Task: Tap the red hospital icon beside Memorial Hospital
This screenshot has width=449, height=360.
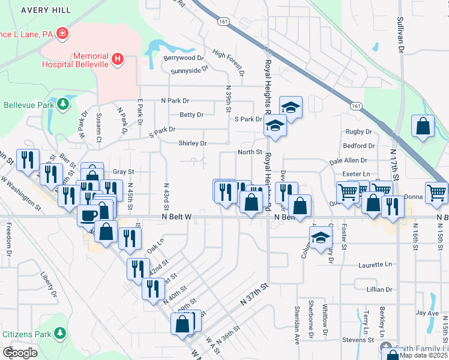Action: click(118, 59)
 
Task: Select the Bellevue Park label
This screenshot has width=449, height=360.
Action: click(28, 105)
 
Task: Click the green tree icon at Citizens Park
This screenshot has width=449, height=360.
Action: click(59, 333)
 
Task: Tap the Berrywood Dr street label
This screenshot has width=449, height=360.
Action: click(184, 58)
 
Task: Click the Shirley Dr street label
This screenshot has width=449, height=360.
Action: click(192, 143)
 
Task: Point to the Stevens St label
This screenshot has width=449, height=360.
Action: click(358, 340)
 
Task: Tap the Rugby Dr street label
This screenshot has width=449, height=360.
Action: click(359, 131)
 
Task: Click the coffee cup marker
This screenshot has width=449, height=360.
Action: click(88, 215)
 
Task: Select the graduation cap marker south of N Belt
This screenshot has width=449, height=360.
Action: click(321, 238)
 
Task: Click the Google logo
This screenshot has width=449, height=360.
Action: click(20, 353)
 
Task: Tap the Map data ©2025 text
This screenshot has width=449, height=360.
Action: click(423, 355)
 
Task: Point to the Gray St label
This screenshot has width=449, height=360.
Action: click(122, 172)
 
